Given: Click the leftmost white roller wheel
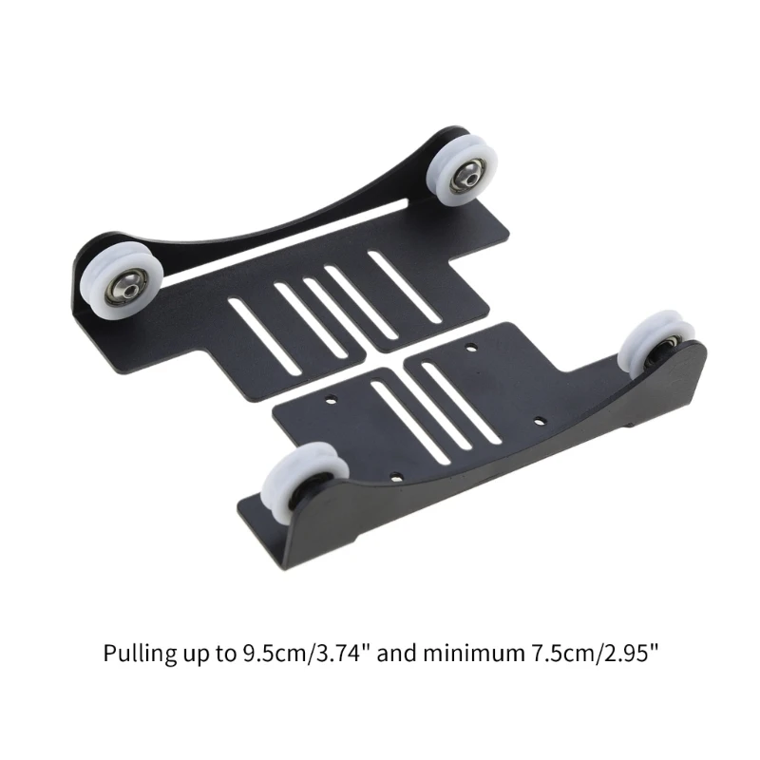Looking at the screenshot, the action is [122, 281].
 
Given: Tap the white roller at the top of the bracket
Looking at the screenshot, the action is [462, 171].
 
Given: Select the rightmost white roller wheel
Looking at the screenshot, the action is [655, 343].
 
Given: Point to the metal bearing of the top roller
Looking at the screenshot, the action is [467, 177].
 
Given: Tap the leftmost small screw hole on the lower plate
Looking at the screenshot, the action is [331, 400].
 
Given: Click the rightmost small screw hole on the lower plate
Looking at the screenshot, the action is [540, 421].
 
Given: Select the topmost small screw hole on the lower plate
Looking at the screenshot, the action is [470, 347].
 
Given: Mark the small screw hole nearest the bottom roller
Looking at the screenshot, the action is [396, 477].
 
